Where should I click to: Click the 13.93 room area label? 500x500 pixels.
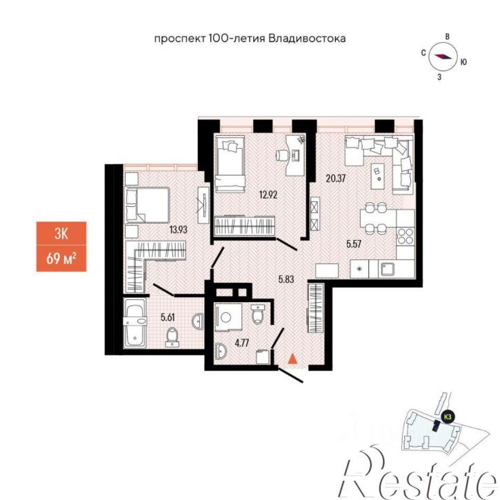[178, 229]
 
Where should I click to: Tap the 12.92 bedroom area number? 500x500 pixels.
[268, 194]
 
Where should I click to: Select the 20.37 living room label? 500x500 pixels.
[336, 178]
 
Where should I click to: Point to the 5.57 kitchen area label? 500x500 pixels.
[354, 244]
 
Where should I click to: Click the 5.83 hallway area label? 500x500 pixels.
[286, 279]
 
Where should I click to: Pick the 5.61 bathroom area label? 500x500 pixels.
[168, 317]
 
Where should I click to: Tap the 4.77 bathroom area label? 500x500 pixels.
[241, 343]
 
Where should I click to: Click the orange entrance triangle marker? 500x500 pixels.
[292, 359]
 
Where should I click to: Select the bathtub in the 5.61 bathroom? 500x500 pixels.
[135, 323]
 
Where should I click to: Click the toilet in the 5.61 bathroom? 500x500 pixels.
[172, 337]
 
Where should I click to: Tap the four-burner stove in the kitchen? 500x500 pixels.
[405, 237]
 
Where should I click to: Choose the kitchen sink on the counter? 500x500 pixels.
[388, 270]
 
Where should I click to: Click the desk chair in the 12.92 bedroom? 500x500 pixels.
[282, 155]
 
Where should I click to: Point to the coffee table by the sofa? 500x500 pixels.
[378, 175]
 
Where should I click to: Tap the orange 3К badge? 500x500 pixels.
[61, 233]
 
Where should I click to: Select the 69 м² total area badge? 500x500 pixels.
[61, 259]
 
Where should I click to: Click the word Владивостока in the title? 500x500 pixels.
[307, 39]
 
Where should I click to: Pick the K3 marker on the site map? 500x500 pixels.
[448, 417]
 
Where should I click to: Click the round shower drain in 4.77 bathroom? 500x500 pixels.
[226, 317]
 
